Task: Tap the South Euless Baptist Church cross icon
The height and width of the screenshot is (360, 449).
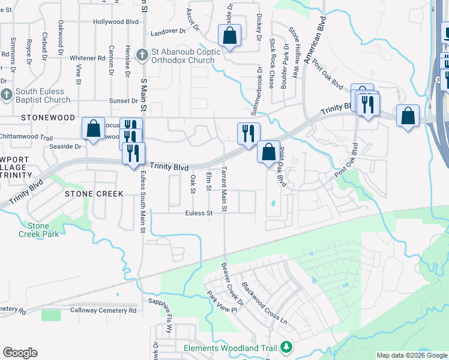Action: coord(6,95)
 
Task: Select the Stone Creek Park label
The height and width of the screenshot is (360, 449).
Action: coord(43,230)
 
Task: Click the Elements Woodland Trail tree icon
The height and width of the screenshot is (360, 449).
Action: coord(287,348)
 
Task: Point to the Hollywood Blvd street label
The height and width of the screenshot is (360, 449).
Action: coord(116,22)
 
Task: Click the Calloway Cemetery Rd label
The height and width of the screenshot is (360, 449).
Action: coord(103,310)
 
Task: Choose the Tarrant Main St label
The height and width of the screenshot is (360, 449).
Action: coord(224,188)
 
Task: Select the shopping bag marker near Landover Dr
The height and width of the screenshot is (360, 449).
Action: coord(229,35)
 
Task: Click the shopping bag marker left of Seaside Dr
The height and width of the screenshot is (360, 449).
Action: coord(93,128)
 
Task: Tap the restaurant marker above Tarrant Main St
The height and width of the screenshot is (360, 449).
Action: coord(248,133)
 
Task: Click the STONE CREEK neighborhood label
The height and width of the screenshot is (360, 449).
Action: coord(94,194)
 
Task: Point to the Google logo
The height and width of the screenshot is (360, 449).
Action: coord(20,353)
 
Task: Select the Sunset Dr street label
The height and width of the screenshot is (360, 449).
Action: coord(123,101)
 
